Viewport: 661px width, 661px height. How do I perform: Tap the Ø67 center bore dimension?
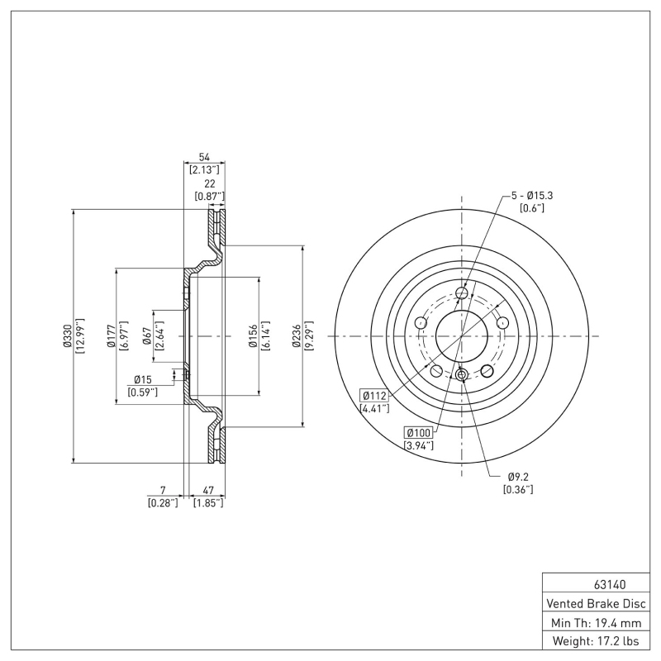(x=146, y=335)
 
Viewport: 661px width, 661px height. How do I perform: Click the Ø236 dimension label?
(x=296, y=336)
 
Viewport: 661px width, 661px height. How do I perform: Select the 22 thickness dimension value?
(x=210, y=183)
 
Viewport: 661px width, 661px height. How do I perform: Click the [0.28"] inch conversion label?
(x=162, y=502)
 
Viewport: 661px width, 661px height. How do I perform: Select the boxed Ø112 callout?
(x=373, y=395)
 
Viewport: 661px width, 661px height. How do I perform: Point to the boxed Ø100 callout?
(x=418, y=433)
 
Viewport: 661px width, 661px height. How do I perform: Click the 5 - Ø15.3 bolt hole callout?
(x=531, y=195)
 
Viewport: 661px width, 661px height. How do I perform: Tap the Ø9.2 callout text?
(x=517, y=477)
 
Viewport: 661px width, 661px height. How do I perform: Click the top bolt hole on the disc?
(x=462, y=293)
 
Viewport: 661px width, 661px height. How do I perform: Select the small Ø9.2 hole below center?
(x=462, y=376)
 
